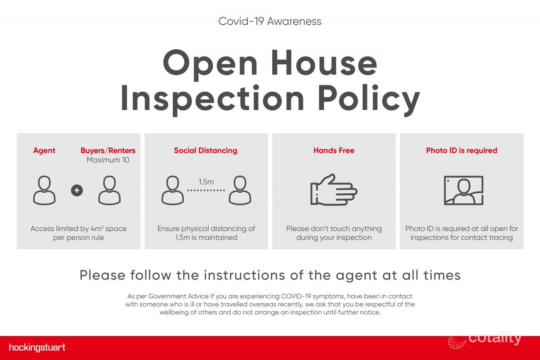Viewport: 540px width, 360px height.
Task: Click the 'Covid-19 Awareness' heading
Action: click(x=270, y=22)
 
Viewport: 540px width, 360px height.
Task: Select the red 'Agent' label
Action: click(x=44, y=151)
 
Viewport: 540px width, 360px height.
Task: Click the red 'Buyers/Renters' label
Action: click(x=108, y=150)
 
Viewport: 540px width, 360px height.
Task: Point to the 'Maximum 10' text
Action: click(x=108, y=160)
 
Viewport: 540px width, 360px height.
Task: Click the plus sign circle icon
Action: click(x=77, y=191)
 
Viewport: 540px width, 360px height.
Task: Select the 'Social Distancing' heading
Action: click(x=206, y=150)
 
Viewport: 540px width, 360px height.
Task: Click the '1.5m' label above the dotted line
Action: click(x=206, y=182)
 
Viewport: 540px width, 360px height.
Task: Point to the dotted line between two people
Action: click(x=206, y=191)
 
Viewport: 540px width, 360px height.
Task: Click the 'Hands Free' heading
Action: click(x=334, y=150)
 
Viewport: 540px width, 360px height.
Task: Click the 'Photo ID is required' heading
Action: click(x=462, y=150)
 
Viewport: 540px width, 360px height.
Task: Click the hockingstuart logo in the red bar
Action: click(x=37, y=347)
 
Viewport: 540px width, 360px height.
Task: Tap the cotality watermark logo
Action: click(x=484, y=338)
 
